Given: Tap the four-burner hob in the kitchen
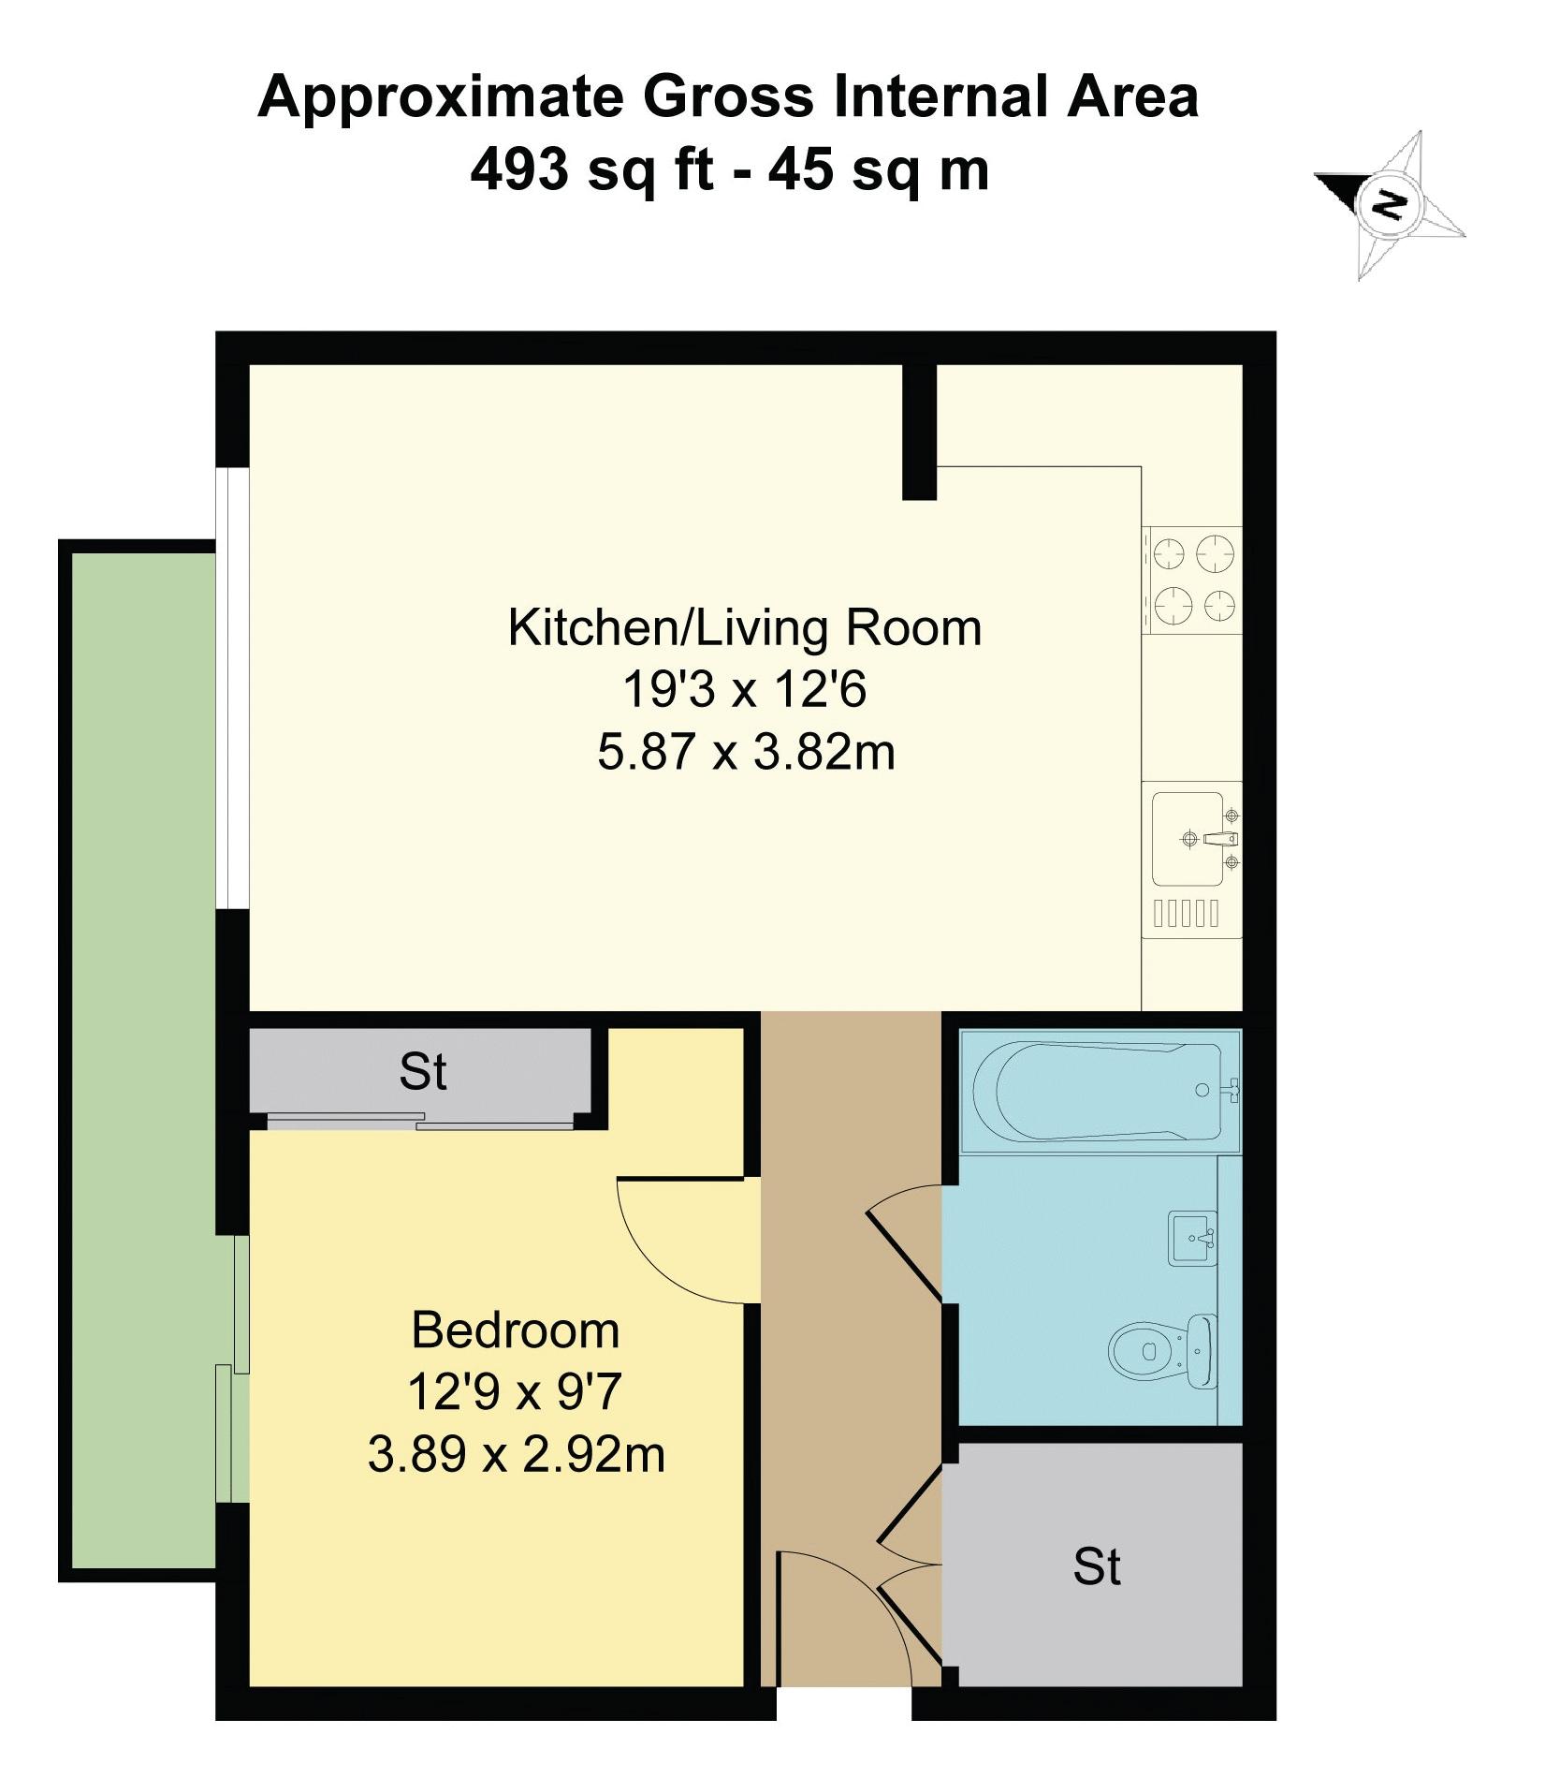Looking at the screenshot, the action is (x=1192, y=580).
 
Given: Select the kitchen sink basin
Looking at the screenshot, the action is (x=1188, y=839).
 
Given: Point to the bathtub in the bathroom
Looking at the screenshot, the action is (x=1100, y=1092).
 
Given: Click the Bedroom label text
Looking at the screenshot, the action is (x=516, y=1330).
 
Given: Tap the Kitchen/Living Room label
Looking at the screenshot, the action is (x=745, y=627).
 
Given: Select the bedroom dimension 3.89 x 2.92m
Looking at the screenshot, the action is (x=517, y=1454).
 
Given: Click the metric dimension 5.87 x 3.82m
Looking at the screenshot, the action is (x=746, y=752).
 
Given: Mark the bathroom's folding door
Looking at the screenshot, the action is (x=905, y=1243).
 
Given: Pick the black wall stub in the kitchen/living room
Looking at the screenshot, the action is (x=919, y=432).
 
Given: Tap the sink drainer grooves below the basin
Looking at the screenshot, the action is (x=1187, y=913).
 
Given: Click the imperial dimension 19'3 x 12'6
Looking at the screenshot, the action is (x=745, y=690).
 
